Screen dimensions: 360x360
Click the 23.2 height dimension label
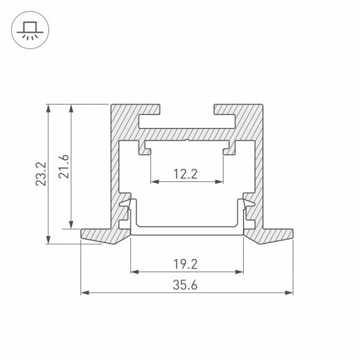42,174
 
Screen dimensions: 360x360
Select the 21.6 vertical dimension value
64,166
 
